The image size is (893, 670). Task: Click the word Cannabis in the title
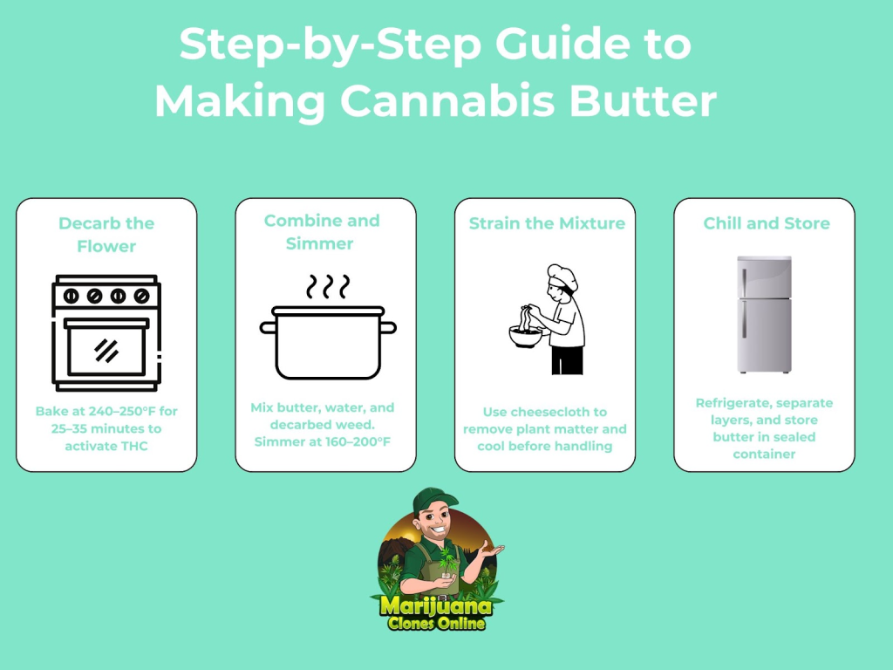[x=447, y=101]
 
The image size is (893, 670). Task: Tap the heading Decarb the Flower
[x=106, y=235]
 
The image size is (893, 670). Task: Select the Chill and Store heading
[x=766, y=223]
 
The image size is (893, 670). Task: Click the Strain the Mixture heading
[x=547, y=223]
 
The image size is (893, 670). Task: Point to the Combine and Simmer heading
[x=322, y=232]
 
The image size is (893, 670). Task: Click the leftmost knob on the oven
[x=72, y=297]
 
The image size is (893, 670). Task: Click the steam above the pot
[x=328, y=286]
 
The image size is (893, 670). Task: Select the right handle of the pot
[x=388, y=328]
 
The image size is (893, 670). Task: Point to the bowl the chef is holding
[x=525, y=337]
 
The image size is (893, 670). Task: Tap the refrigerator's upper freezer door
[x=764, y=277]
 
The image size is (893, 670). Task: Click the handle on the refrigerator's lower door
[x=744, y=319]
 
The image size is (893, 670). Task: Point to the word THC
[x=133, y=446]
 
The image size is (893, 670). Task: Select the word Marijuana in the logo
[x=436, y=605]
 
